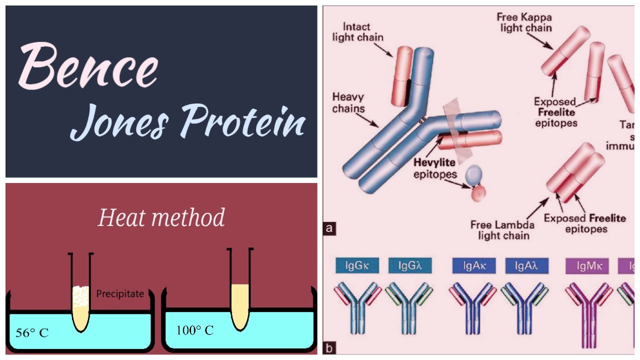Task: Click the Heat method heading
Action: point(161,218)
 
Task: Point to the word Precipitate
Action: point(120,294)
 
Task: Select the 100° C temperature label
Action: point(194,330)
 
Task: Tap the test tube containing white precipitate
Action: point(80,300)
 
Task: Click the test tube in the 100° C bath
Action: point(239,300)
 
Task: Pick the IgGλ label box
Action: point(410,265)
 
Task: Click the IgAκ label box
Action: point(473,265)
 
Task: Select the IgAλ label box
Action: point(527,265)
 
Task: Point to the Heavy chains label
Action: point(348,102)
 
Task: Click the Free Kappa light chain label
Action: point(524,22)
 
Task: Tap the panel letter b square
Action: point(329,348)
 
